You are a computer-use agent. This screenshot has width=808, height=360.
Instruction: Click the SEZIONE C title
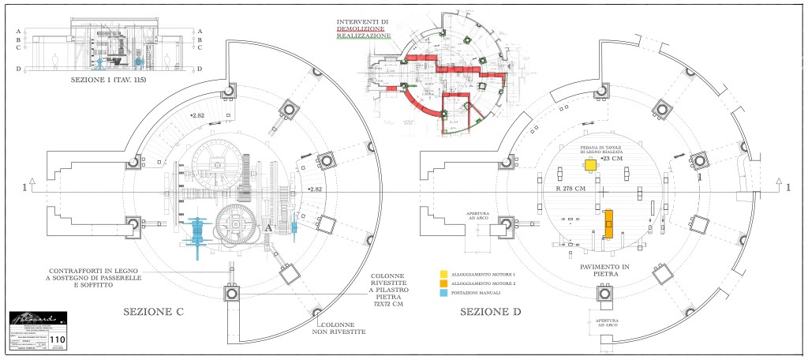click(x=154, y=313)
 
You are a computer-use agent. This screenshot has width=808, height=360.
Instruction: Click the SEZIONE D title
click(x=492, y=312)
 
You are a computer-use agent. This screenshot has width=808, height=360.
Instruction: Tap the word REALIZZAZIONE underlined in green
click(x=364, y=37)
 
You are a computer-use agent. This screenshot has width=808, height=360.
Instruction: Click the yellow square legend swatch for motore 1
click(x=444, y=274)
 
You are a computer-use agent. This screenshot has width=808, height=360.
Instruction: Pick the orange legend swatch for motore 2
click(x=444, y=283)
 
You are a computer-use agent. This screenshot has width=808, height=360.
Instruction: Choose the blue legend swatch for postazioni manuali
click(x=444, y=293)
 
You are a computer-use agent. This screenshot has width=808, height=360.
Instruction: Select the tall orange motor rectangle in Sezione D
click(x=609, y=223)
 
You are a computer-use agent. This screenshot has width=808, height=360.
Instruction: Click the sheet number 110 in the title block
click(x=57, y=340)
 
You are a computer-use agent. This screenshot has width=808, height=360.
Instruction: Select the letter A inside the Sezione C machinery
click(x=269, y=227)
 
